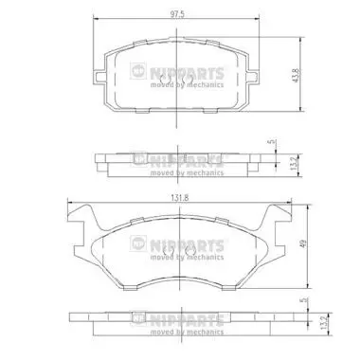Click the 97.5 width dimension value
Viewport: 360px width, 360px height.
(x=177, y=15)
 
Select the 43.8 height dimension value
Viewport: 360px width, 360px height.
(x=296, y=76)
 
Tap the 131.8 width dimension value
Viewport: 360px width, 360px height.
(x=180, y=198)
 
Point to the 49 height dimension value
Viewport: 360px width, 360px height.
(x=303, y=243)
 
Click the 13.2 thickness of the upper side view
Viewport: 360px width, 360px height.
(x=294, y=165)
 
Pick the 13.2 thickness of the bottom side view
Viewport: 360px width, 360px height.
(x=323, y=323)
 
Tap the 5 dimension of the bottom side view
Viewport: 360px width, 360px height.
(x=304, y=300)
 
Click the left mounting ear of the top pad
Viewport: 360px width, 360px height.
(x=100, y=77)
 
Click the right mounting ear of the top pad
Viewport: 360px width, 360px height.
(x=254, y=77)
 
